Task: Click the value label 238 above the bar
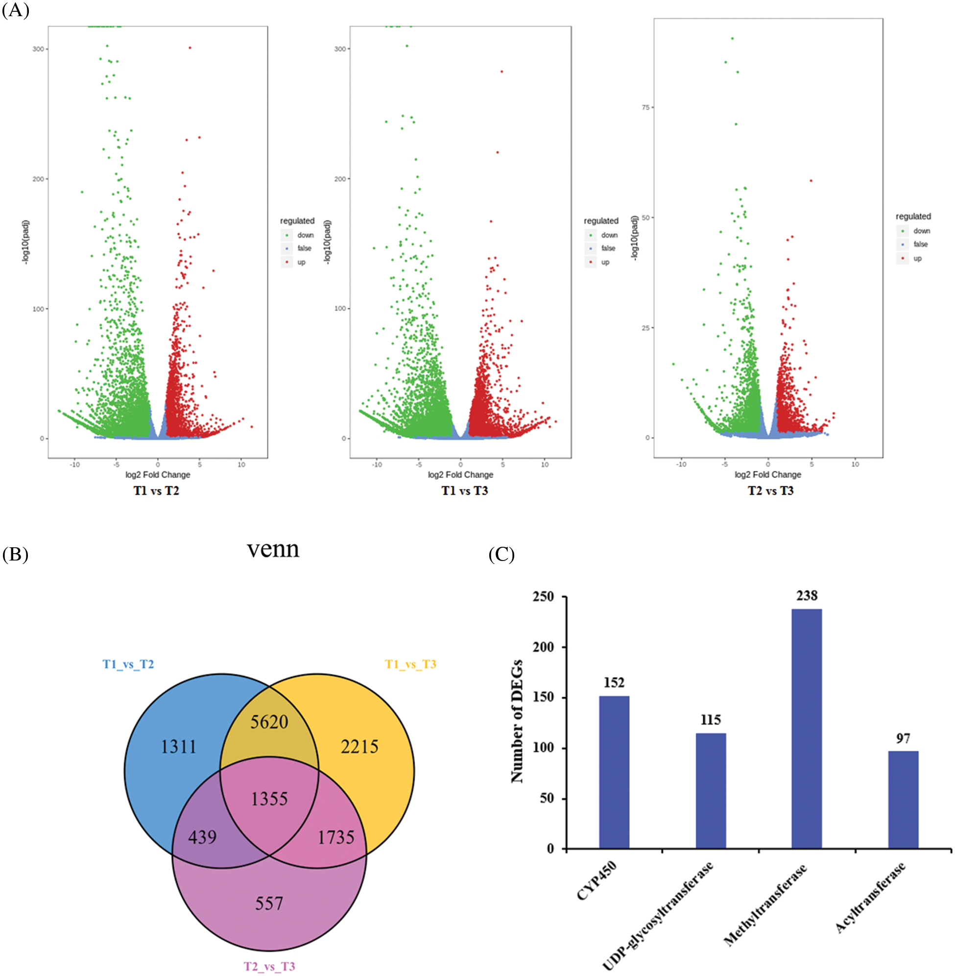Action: coord(807,596)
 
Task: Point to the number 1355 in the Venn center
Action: coord(269,798)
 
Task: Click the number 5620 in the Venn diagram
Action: coord(269,722)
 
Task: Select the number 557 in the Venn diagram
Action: coord(269,903)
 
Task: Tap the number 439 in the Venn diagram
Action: coord(202,836)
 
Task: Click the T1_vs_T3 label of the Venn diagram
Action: coord(410,664)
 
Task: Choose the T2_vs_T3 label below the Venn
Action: coord(269,966)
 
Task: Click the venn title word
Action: coord(273,549)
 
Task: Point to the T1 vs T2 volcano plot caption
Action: coord(156,490)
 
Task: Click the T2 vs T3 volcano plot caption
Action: coord(770,490)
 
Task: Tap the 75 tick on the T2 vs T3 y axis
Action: coord(645,107)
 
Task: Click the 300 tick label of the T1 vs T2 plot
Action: coord(38,49)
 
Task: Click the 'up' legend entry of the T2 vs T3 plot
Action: coord(917,258)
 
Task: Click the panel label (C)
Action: coord(501,555)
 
